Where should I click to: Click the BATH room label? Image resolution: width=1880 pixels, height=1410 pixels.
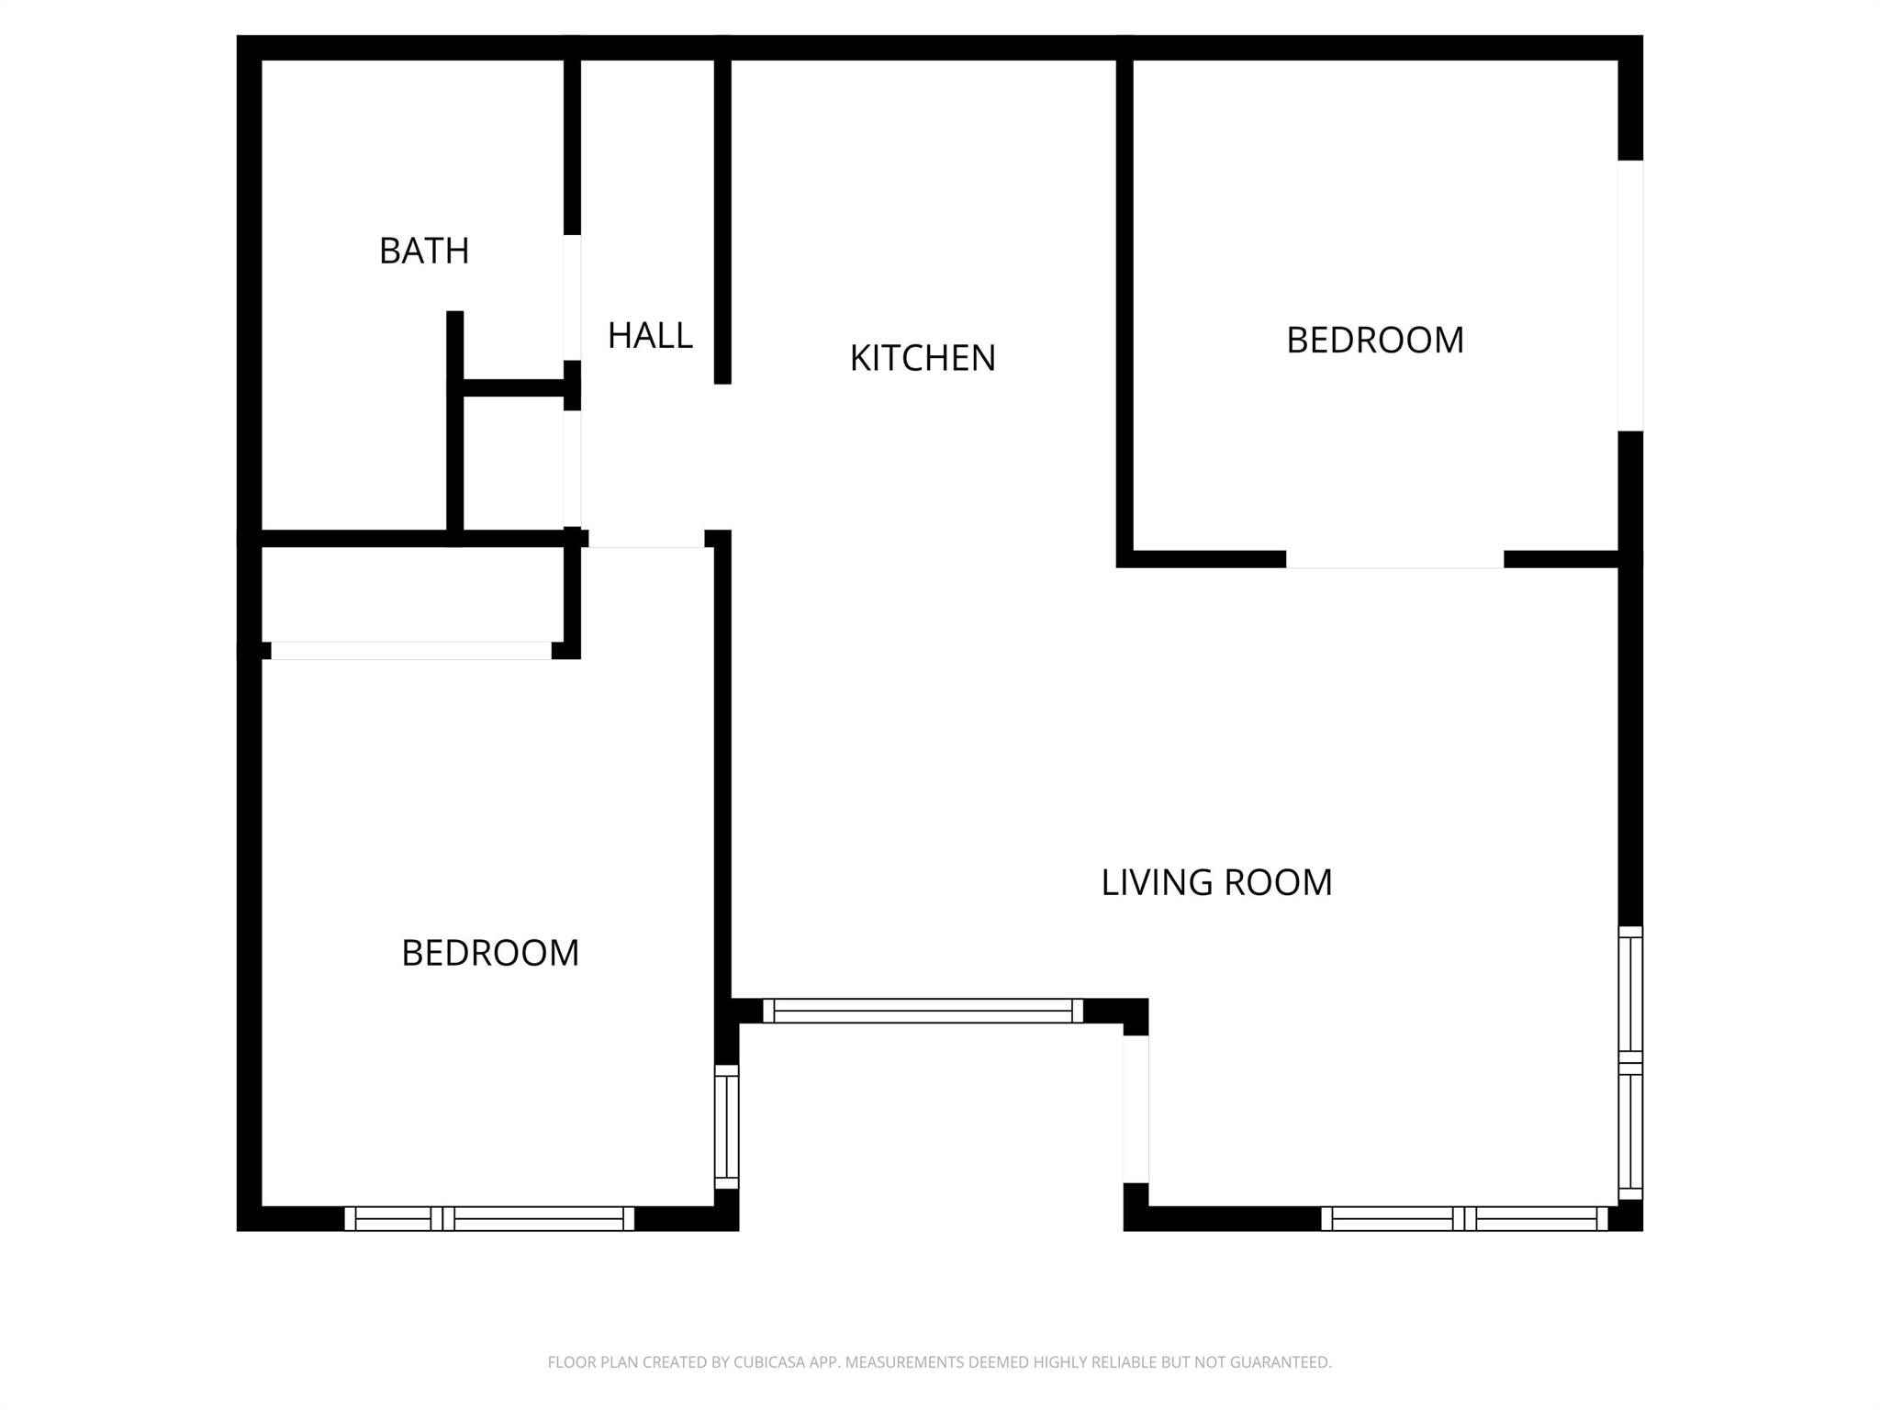tap(424, 251)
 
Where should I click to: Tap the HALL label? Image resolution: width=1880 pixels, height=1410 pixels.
tap(650, 336)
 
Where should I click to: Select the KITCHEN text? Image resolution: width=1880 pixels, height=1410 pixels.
tap(923, 358)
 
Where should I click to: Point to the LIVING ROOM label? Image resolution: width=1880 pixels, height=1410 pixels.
tap(1216, 882)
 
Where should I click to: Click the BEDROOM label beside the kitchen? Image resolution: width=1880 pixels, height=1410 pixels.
tap(1374, 341)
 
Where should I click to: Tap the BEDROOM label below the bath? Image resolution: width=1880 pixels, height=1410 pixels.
tap(490, 953)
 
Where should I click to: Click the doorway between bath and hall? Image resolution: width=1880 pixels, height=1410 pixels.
tap(572, 297)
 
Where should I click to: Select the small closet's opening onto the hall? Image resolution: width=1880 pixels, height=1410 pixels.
tap(572, 468)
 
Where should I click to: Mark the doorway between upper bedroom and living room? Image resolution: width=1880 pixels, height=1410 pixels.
tap(1394, 559)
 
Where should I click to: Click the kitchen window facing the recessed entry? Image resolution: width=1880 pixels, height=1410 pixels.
tap(923, 1011)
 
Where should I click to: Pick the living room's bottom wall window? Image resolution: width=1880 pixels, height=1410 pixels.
tap(1464, 1219)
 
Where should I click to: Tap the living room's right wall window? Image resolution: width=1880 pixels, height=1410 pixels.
tap(1630, 1063)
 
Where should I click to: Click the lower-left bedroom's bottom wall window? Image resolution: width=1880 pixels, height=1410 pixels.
tap(489, 1219)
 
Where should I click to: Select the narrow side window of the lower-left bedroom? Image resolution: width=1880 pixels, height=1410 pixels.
tap(726, 1126)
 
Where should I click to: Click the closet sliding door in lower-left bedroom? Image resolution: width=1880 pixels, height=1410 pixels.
tap(410, 650)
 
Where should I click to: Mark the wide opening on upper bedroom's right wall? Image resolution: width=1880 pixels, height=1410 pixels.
tap(1630, 296)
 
